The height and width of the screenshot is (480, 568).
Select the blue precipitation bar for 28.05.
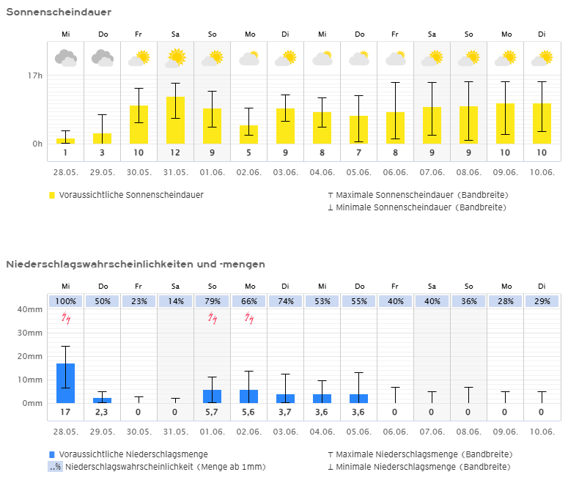[x=66, y=383]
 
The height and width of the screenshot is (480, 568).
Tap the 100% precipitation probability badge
[x=66, y=302]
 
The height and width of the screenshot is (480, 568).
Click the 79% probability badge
[x=213, y=302]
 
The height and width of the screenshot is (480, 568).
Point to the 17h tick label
[x=35, y=75]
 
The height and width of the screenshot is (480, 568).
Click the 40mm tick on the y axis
[x=30, y=309]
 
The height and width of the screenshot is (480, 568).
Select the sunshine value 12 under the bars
[x=175, y=152]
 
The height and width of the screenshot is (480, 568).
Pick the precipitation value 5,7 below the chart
[x=213, y=413]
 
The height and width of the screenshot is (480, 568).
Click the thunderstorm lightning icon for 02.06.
[x=249, y=318]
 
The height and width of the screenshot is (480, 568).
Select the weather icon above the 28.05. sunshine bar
[x=66, y=57]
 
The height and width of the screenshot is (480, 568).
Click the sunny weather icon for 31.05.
[x=175, y=57]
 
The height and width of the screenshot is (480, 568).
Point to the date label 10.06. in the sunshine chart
[x=542, y=172]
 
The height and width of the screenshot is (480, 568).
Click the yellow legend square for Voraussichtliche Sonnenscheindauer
[x=52, y=196]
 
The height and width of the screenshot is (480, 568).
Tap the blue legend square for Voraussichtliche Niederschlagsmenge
[x=52, y=454]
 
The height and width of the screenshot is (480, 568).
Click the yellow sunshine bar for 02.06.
[x=249, y=134]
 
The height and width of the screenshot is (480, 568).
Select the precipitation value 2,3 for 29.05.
[x=103, y=413]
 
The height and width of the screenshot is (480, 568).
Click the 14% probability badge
[x=175, y=302]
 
